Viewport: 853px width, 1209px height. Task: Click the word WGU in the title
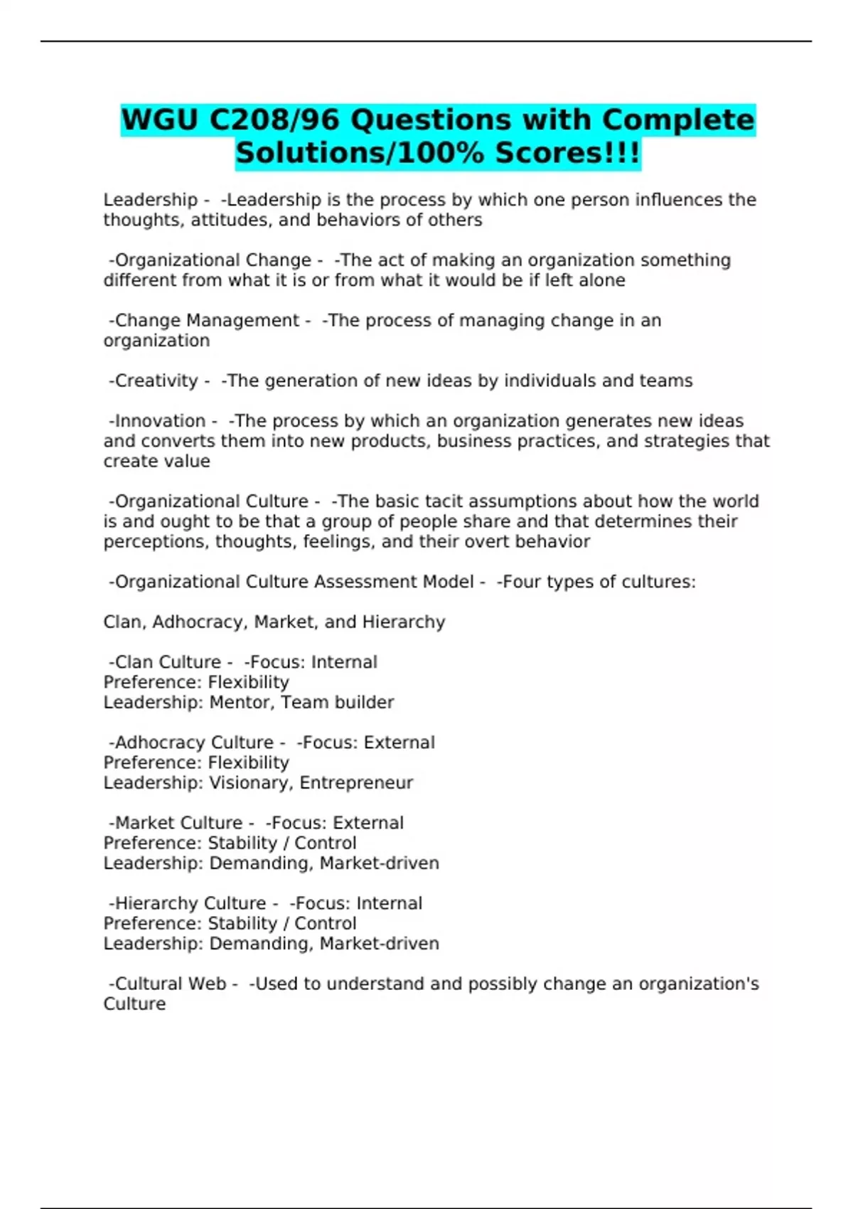click(160, 119)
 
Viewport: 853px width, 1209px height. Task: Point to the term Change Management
click(207, 321)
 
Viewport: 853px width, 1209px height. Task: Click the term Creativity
click(156, 381)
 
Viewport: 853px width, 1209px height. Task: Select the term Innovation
click(160, 421)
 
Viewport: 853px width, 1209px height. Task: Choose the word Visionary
click(250, 783)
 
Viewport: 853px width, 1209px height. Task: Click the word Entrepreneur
click(356, 783)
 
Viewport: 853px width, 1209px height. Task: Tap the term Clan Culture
click(168, 662)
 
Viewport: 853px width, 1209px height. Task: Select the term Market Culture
click(178, 823)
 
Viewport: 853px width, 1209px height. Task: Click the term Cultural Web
click(170, 984)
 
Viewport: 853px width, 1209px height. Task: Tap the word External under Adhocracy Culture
click(399, 742)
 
